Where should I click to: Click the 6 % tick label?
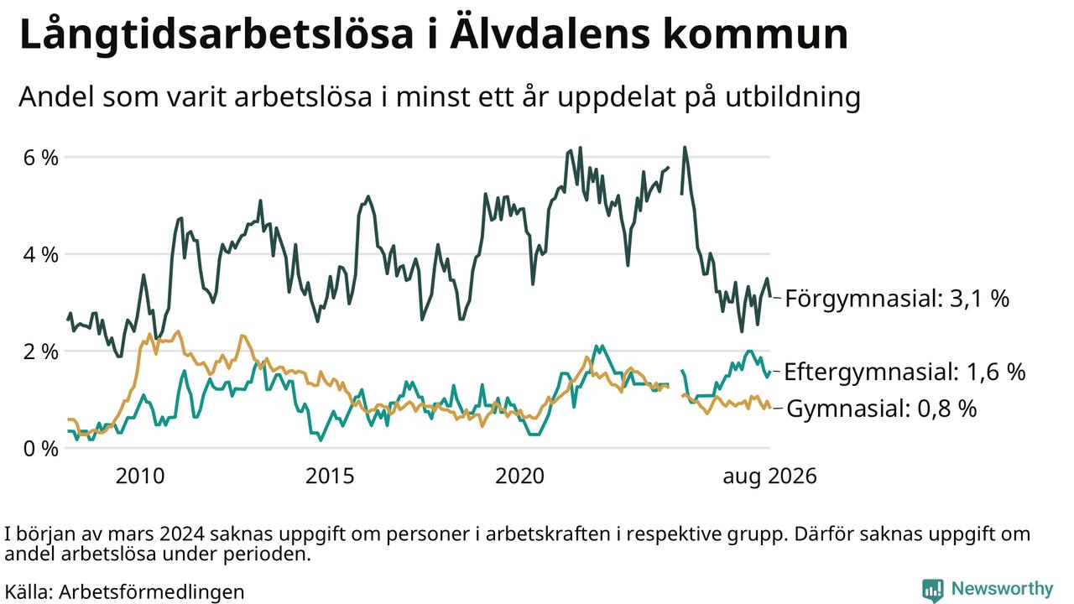(41, 158)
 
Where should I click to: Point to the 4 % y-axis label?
(41, 254)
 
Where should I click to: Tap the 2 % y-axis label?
(41, 351)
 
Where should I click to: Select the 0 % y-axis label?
(41, 449)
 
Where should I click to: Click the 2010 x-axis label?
(140, 476)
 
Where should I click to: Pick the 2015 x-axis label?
(330, 476)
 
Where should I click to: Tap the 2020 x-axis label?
(519, 476)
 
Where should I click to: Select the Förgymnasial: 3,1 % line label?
(897, 298)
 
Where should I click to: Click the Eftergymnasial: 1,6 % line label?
(905, 372)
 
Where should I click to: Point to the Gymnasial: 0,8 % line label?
(881, 409)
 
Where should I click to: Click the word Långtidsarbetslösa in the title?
(216, 35)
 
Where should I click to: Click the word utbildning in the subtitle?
(793, 97)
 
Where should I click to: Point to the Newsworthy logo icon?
(932, 590)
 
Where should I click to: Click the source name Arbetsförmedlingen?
(152, 592)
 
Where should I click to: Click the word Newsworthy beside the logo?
(1002, 588)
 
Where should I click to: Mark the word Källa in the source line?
(29, 591)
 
